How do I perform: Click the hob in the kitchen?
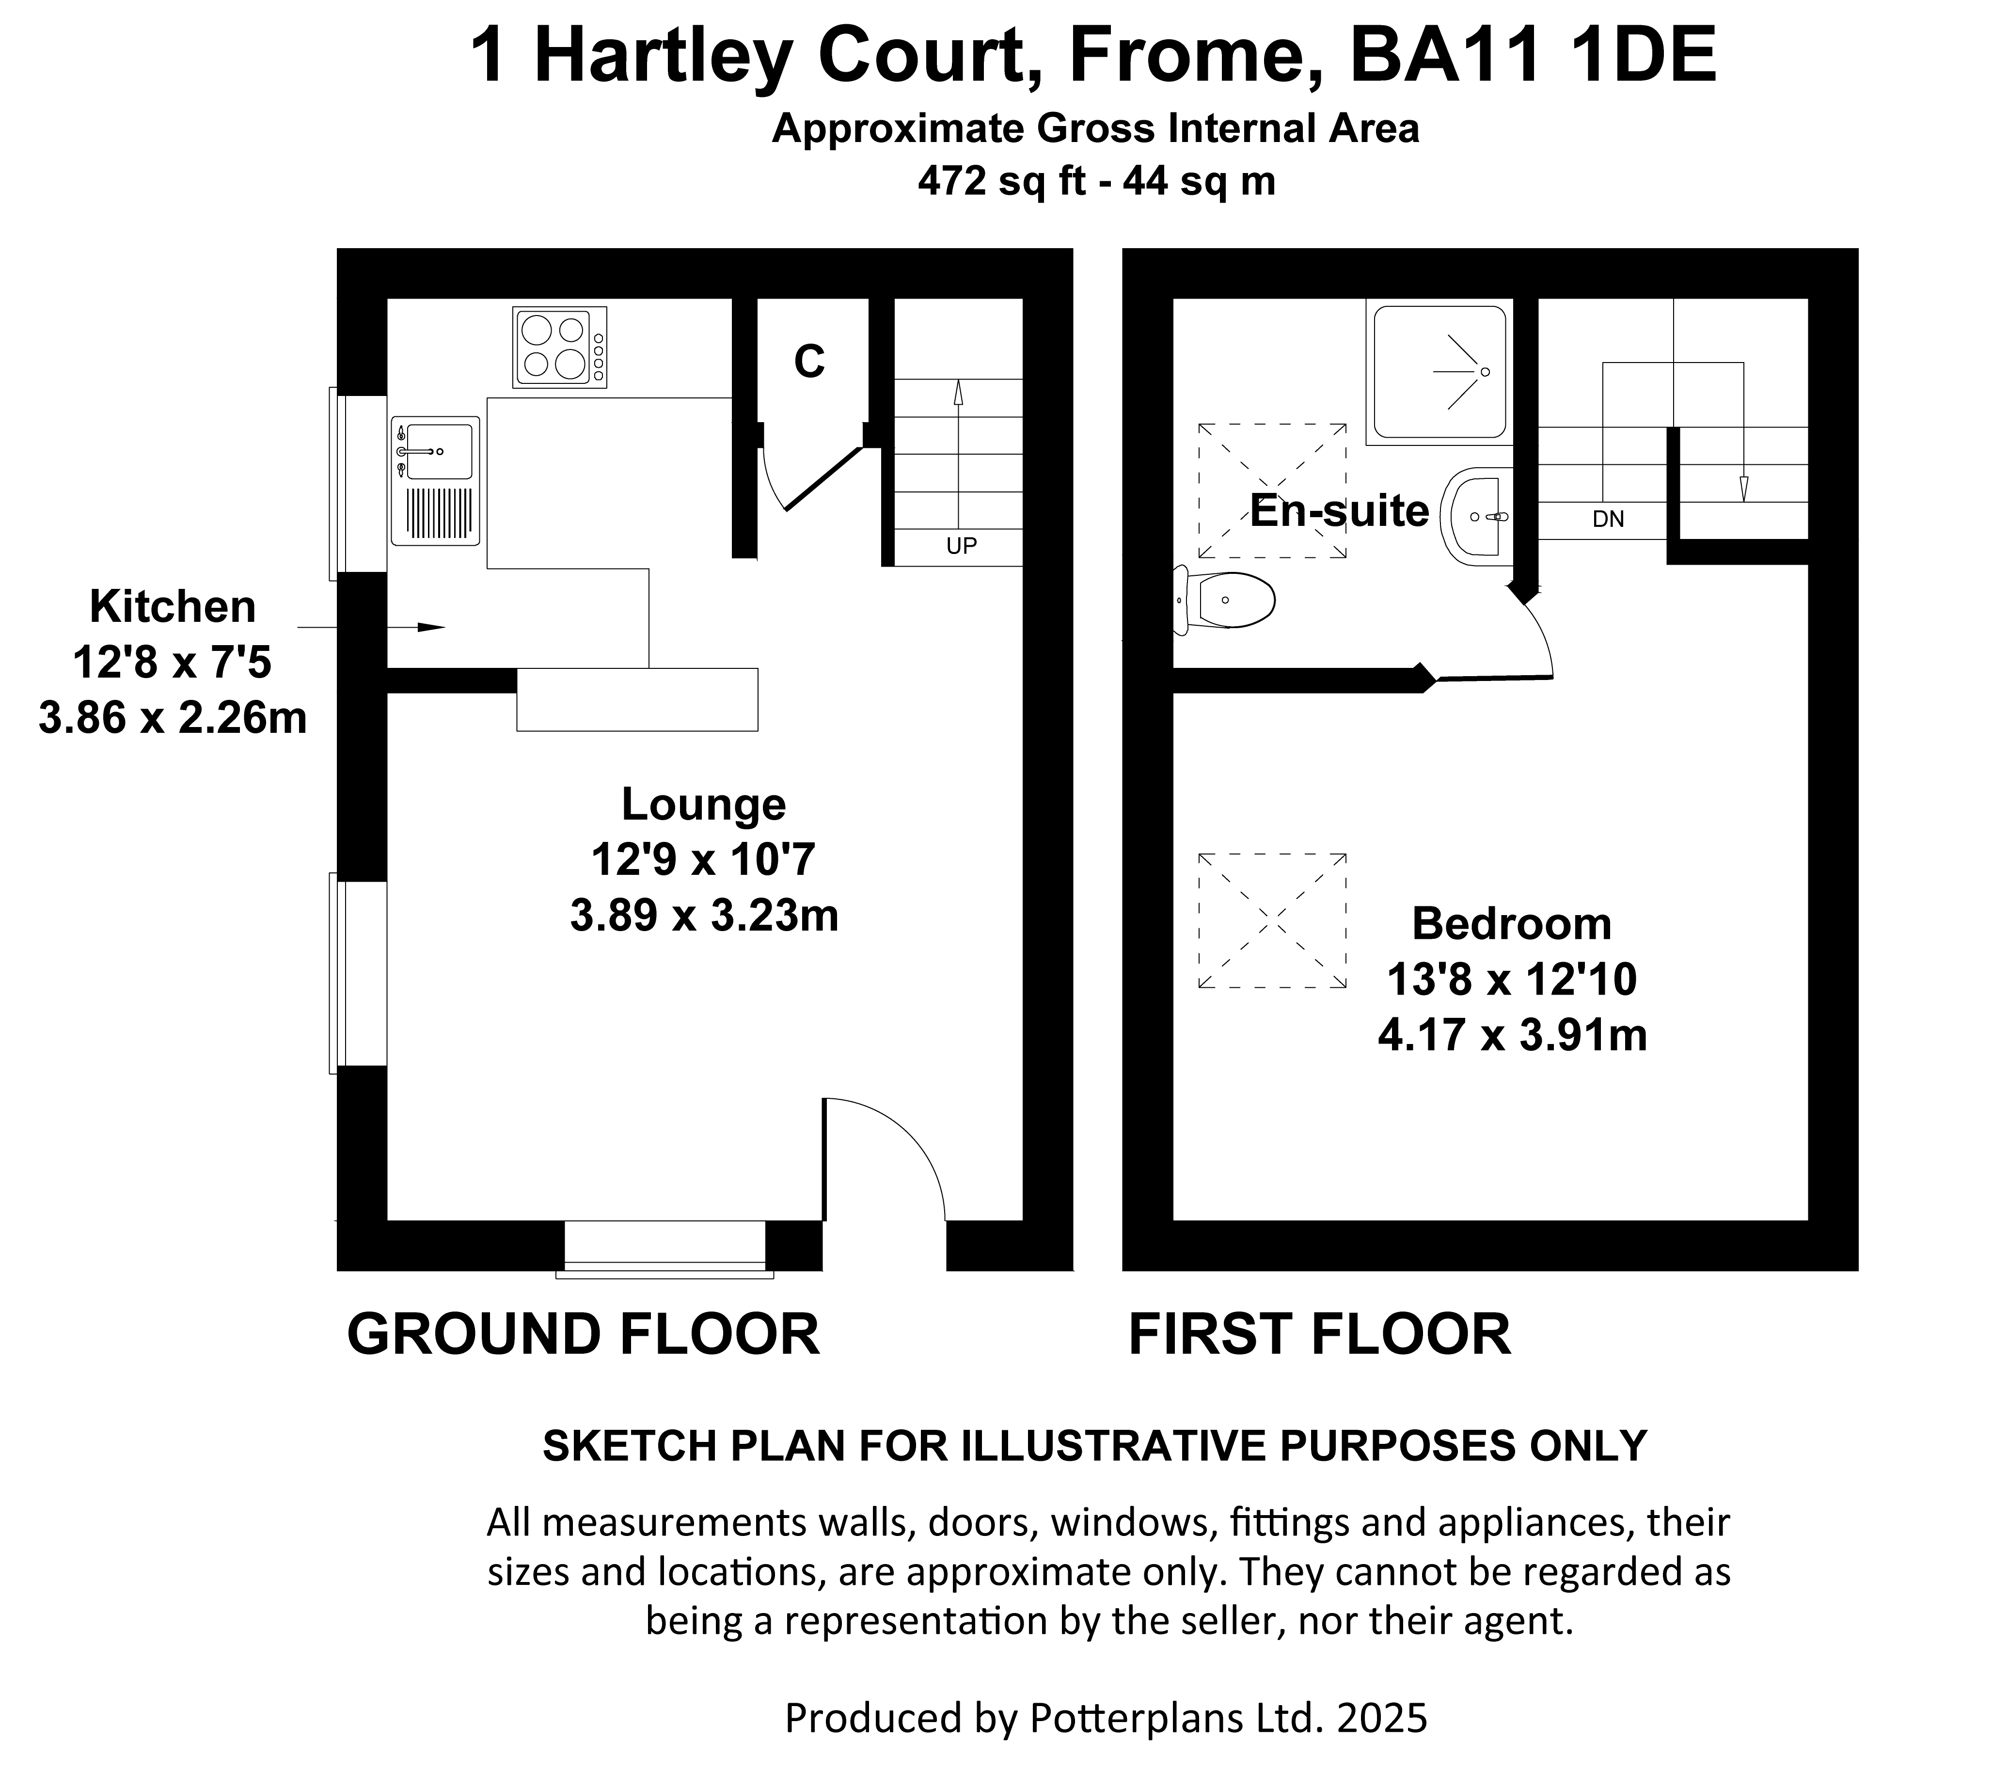pos(560,347)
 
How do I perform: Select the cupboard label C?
pos(809,362)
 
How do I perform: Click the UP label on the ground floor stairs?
pos(962,546)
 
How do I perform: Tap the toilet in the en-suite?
pos(1225,599)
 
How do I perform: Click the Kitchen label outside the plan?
pos(173,607)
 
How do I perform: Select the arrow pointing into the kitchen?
pos(371,627)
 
